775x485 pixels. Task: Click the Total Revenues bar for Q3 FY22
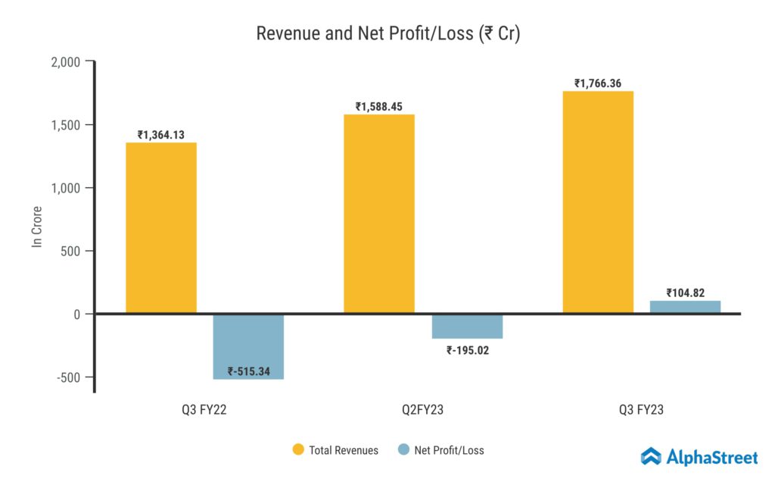pos(161,227)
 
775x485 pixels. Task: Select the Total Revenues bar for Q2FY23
pos(379,214)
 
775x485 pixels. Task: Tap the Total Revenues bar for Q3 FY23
pos(598,202)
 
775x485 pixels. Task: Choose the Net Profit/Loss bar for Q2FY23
pos(467,326)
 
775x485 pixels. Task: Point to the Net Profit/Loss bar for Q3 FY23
pos(685,307)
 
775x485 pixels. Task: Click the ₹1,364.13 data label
pos(161,135)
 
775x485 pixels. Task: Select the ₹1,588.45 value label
pos(379,107)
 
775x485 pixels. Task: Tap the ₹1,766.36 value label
pos(598,83)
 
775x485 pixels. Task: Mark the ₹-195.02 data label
pos(467,350)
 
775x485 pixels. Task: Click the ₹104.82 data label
pos(685,293)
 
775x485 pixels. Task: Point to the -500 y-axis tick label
pos(69,377)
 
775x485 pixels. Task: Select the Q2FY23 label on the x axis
pos(423,410)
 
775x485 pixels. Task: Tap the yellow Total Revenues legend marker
pos(298,449)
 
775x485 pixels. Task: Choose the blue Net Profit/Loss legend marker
pos(403,449)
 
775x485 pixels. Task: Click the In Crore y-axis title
pos(36,225)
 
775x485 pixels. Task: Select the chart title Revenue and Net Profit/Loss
pos(387,33)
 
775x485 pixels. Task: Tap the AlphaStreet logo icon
pos(651,456)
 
